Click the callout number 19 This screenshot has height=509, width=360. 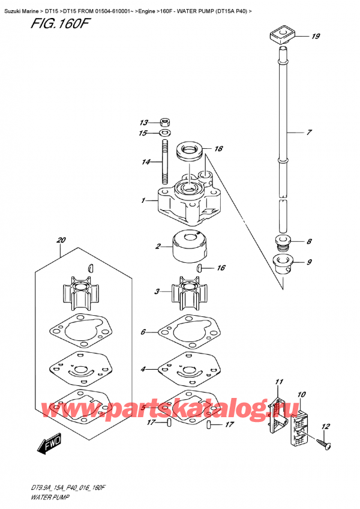pos(316,37)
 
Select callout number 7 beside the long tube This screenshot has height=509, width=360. pos(309,132)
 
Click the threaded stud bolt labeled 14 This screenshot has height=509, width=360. pos(164,161)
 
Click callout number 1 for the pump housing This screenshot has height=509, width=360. pos(143,200)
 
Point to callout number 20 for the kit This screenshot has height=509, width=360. pos(60,241)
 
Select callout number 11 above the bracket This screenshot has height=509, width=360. pos(278,382)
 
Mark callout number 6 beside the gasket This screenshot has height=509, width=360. pos(143,331)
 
